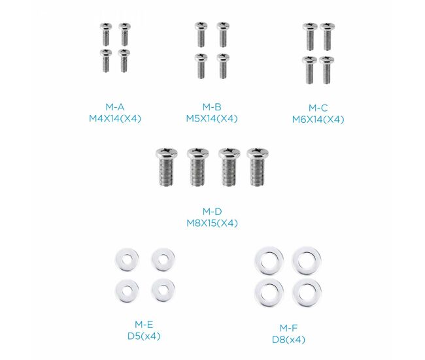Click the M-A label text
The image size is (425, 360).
[115, 107]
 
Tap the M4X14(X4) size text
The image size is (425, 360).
[115, 119]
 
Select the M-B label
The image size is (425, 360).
[212, 107]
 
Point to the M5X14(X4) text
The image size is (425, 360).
[212, 119]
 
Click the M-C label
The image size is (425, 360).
[318, 108]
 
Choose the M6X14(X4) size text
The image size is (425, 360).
[318, 120]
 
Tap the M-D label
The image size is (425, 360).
[212, 211]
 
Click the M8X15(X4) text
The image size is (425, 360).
[212, 223]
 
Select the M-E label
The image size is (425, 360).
[144, 324]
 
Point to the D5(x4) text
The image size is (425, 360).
[144, 336]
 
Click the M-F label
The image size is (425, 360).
[288, 328]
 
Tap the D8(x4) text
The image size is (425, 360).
[288, 340]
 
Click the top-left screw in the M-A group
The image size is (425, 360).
[106, 35]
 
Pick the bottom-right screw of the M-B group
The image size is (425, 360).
[223, 66]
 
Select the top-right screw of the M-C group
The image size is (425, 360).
[327, 37]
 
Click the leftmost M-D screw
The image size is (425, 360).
[167, 167]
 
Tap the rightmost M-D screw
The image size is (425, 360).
[258, 167]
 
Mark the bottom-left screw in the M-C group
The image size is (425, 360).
[310, 70]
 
